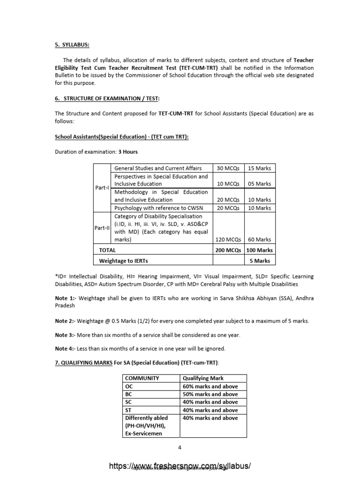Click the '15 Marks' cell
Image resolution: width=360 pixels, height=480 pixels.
tap(259, 168)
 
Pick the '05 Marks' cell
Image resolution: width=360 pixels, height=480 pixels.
tap(259, 184)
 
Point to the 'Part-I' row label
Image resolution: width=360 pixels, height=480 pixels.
tap(102, 187)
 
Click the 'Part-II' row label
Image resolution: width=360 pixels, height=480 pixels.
tap(102, 228)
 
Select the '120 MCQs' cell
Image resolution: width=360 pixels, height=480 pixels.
tap(228, 240)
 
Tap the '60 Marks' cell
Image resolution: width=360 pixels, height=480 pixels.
tap(259, 240)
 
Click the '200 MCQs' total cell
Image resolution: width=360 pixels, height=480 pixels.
tap(228, 250)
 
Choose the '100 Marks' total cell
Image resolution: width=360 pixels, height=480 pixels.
tap(259, 250)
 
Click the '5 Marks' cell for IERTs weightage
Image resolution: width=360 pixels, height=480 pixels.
tap(261, 261)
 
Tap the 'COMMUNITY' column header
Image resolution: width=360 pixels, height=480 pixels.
tap(142, 378)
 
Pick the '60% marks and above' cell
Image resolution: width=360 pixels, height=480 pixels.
tap(210, 386)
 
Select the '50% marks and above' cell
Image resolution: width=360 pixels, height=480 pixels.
tap(210, 394)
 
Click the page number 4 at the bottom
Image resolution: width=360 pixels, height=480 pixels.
tap(180, 447)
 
